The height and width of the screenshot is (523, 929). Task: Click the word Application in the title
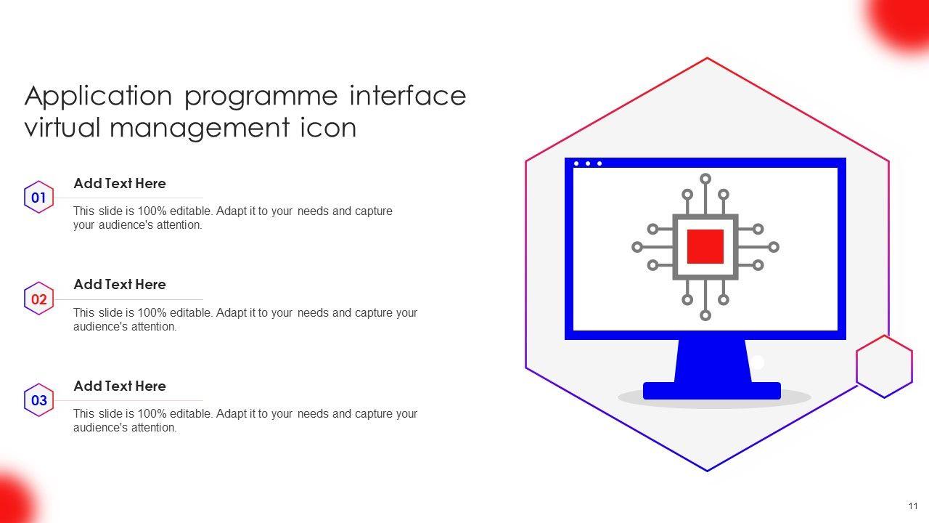(x=99, y=97)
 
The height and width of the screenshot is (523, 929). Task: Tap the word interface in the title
(x=407, y=95)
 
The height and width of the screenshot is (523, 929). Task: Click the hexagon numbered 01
(x=39, y=198)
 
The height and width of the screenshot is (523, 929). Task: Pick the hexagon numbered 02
(x=39, y=299)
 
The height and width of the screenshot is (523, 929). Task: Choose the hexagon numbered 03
(x=39, y=400)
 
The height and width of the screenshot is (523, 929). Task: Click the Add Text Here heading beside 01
(x=120, y=184)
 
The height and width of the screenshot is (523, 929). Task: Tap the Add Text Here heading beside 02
(x=120, y=285)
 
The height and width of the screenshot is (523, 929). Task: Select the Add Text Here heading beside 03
(x=120, y=386)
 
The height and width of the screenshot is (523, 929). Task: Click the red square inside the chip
(x=705, y=246)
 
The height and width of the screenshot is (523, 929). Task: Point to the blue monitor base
(x=711, y=391)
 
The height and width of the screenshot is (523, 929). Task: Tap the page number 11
(x=913, y=506)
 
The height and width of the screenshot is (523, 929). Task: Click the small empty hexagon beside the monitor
(x=884, y=366)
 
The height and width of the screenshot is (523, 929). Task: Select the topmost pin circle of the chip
(x=705, y=179)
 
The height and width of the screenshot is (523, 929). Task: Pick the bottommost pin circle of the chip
(x=705, y=315)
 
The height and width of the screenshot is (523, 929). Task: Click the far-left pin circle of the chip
(x=637, y=247)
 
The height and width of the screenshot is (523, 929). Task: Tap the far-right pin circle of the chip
(x=774, y=247)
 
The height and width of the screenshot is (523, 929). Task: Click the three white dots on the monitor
(x=588, y=163)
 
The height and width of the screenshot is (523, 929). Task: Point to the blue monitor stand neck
(x=712, y=360)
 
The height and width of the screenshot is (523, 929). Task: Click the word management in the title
(x=201, y=128)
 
